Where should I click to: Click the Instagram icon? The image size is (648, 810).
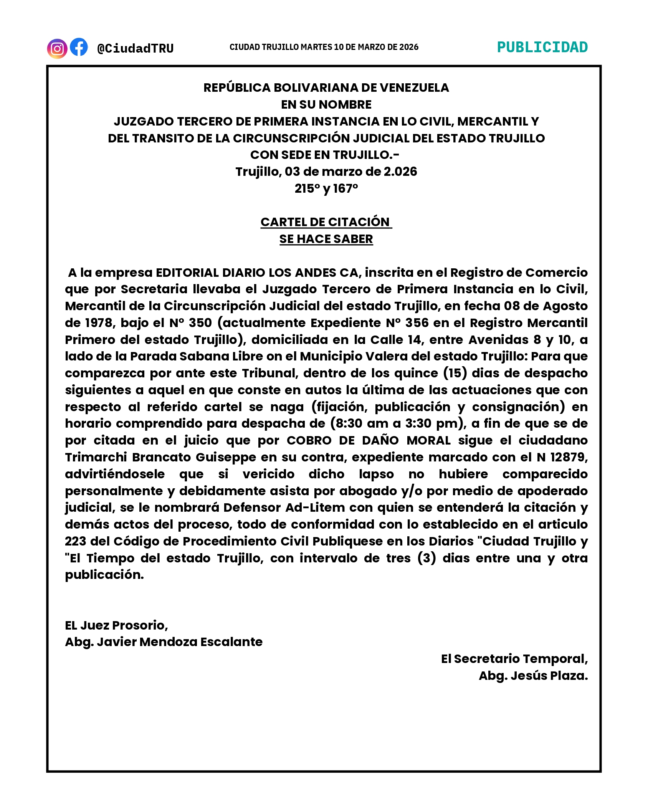pos(57,49)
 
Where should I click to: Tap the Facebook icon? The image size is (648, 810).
pos(79,47)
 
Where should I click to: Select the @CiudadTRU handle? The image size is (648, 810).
pos(135,48)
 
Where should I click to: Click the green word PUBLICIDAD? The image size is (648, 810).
pos(542,47)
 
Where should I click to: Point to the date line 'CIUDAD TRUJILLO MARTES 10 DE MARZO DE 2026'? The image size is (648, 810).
pos(324,47)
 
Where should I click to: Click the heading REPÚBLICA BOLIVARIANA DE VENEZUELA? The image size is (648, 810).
pos(326,88)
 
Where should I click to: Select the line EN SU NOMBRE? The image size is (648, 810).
pos(326,104)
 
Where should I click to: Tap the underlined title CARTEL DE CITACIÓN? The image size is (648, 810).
pos(326,222)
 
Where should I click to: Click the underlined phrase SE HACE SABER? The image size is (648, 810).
pos(326,239)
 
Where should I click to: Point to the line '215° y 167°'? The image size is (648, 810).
pos(326,188)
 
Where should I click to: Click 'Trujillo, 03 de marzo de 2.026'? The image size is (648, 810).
pos(326,172)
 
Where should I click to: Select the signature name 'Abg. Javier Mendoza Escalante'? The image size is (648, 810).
pos(164,642)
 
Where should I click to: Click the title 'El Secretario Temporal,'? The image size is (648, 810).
pos(514,659)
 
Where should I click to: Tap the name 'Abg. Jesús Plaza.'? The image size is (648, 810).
pos(533,676)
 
